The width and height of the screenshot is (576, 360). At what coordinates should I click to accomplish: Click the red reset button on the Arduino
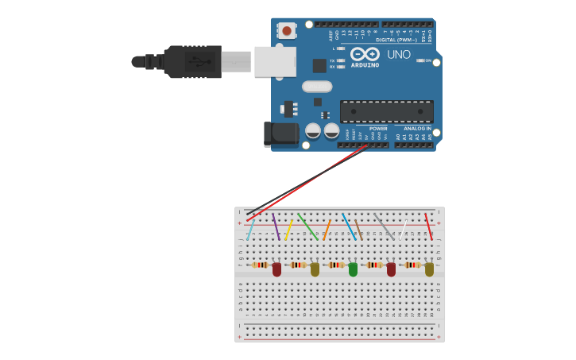tap(286, 31)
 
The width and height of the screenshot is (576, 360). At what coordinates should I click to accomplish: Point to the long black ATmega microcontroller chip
tap(386, 111)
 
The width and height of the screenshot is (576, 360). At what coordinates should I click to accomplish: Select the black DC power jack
tap(280, 134)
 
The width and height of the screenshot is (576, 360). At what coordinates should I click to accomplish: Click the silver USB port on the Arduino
tap(274, 62)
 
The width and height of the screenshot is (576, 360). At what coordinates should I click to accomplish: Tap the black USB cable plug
tap(191, 62)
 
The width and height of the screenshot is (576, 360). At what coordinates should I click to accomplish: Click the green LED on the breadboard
tap(353, 269)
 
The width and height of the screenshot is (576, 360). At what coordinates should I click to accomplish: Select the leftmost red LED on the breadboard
tap(276, 269)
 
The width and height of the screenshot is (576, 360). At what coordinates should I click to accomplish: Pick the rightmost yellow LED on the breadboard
tap(429, 269)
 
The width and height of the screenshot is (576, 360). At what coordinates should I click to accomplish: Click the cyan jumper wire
tap(251, 230)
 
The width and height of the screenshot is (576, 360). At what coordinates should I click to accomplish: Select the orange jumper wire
tap(327, 230)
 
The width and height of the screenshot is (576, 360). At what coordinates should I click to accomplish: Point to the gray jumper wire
tap(384, 226)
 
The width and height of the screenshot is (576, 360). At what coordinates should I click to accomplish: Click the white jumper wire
tap(403, 230)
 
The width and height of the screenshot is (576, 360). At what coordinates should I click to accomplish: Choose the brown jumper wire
tap(359, 230)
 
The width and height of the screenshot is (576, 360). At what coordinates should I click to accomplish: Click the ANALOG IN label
tap(417, 129)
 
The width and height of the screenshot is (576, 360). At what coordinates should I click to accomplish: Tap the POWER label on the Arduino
tap(378, 129)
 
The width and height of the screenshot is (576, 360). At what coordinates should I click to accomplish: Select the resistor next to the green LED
tap(336, 265)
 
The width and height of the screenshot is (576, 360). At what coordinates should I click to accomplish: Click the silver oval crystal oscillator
tap(316, 87)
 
